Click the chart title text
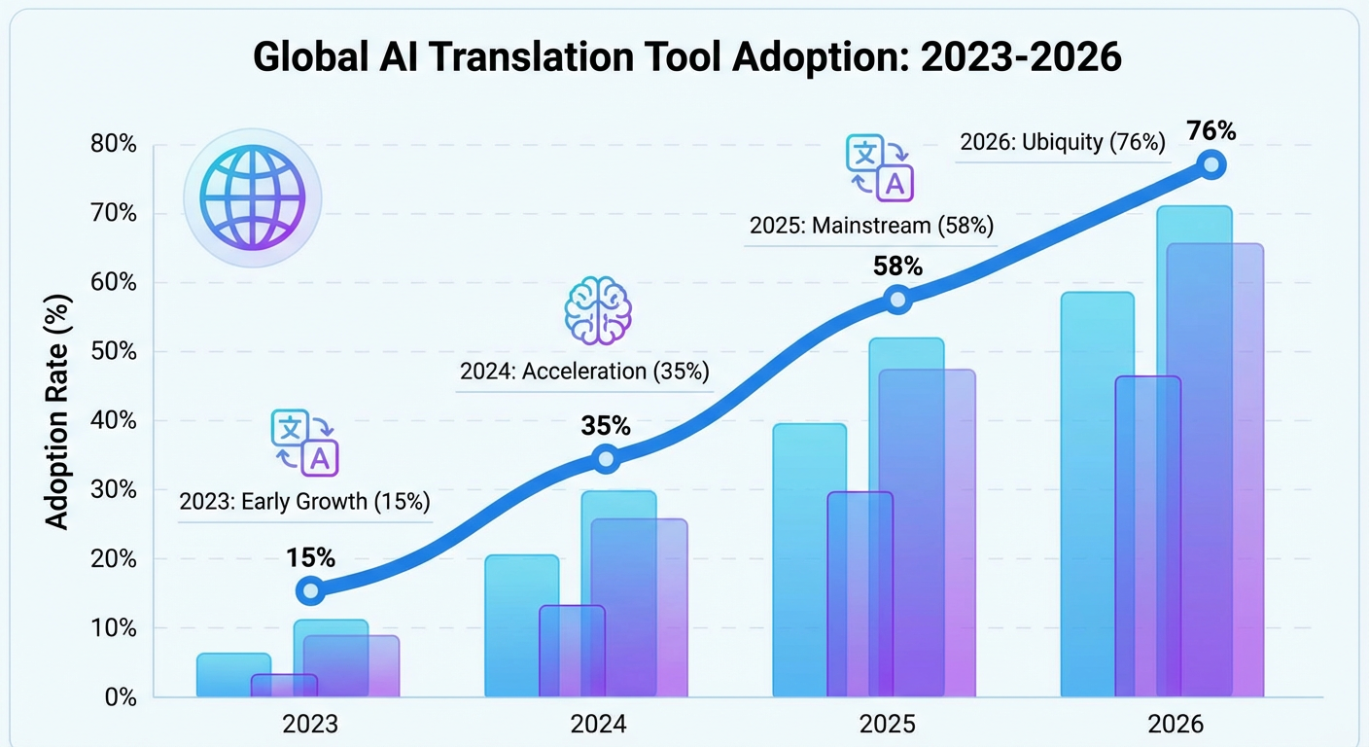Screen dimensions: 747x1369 coord(686,57)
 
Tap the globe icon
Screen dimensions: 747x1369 coord(251,199)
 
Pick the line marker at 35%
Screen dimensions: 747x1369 coord(606,459)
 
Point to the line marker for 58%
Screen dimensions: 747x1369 coord(897,299)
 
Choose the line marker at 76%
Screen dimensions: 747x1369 coord(1210,164)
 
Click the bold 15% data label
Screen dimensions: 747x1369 coord(310,557)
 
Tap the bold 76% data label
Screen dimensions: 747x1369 coord(1210,130)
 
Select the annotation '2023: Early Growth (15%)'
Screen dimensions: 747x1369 coord(304,502)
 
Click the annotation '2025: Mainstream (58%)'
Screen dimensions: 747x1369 coord(871,227)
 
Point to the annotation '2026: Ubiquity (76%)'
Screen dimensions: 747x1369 coord(1062,142)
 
